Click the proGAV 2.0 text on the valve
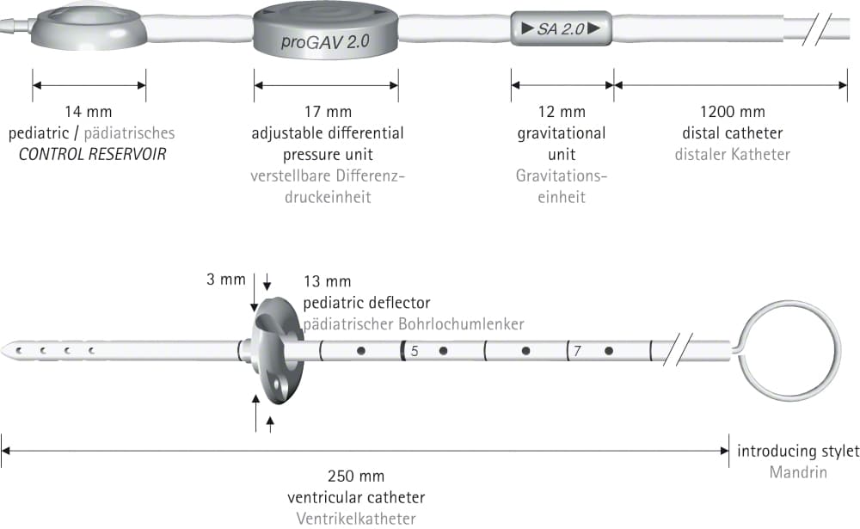pyautogui.click(x=325, y=41)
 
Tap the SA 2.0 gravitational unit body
pyautogui.click(x=561, y=28)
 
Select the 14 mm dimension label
pyautogui.click(x=89, y=112)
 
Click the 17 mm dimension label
pyautogui.click(x=328, y=112)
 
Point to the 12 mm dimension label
pyautogui.click(x=562, y=112)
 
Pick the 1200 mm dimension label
pyautogui.click(x=733, y=112)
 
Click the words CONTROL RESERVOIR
pyautogui.click(x=92, y=154)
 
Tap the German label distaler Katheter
pyautogui.click(x=733, y=154)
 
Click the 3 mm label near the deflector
pyautogui.click(x=226, y=280)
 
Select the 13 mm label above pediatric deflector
pyautogui.click(x=328, y=281)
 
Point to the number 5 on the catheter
pyautogui.click(x=415, y=351)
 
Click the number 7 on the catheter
pyautogui.click(x=577, y=351)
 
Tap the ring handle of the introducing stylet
pyautogui.click(x=838, y=351)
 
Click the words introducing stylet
pyautogui.click(x=799, y=451)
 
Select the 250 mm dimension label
pyautogui.click(x=356, y=476)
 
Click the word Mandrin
pyautogui.click(x=799, y=472)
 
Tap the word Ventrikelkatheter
pyautogui.click(x=356, y=519)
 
